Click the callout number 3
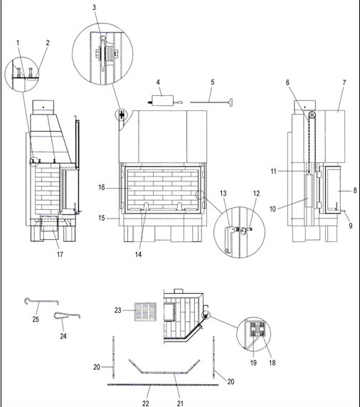[x=94, y=8]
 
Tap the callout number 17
[x=60, y=255]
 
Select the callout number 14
[x=138, y=255]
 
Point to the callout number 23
[x=118, y=310]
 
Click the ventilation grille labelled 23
[x=145, y=312]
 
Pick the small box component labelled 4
[x=162, y=100]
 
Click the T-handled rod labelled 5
[x=211, y=101]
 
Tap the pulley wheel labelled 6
[x=312, y=115]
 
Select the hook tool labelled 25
[x=41, y=302]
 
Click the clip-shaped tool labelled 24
[x=67, y=315]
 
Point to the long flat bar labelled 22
[x=163, y=385]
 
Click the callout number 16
[x=102, y=187]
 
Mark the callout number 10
[x=272, y=209]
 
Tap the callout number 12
[x=256, y=194]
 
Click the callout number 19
[x=253, y=363]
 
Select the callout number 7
[x=344, y=83]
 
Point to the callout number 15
[x=102, y=218]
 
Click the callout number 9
[x=351, y=226]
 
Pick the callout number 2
[x=48, y=43]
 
